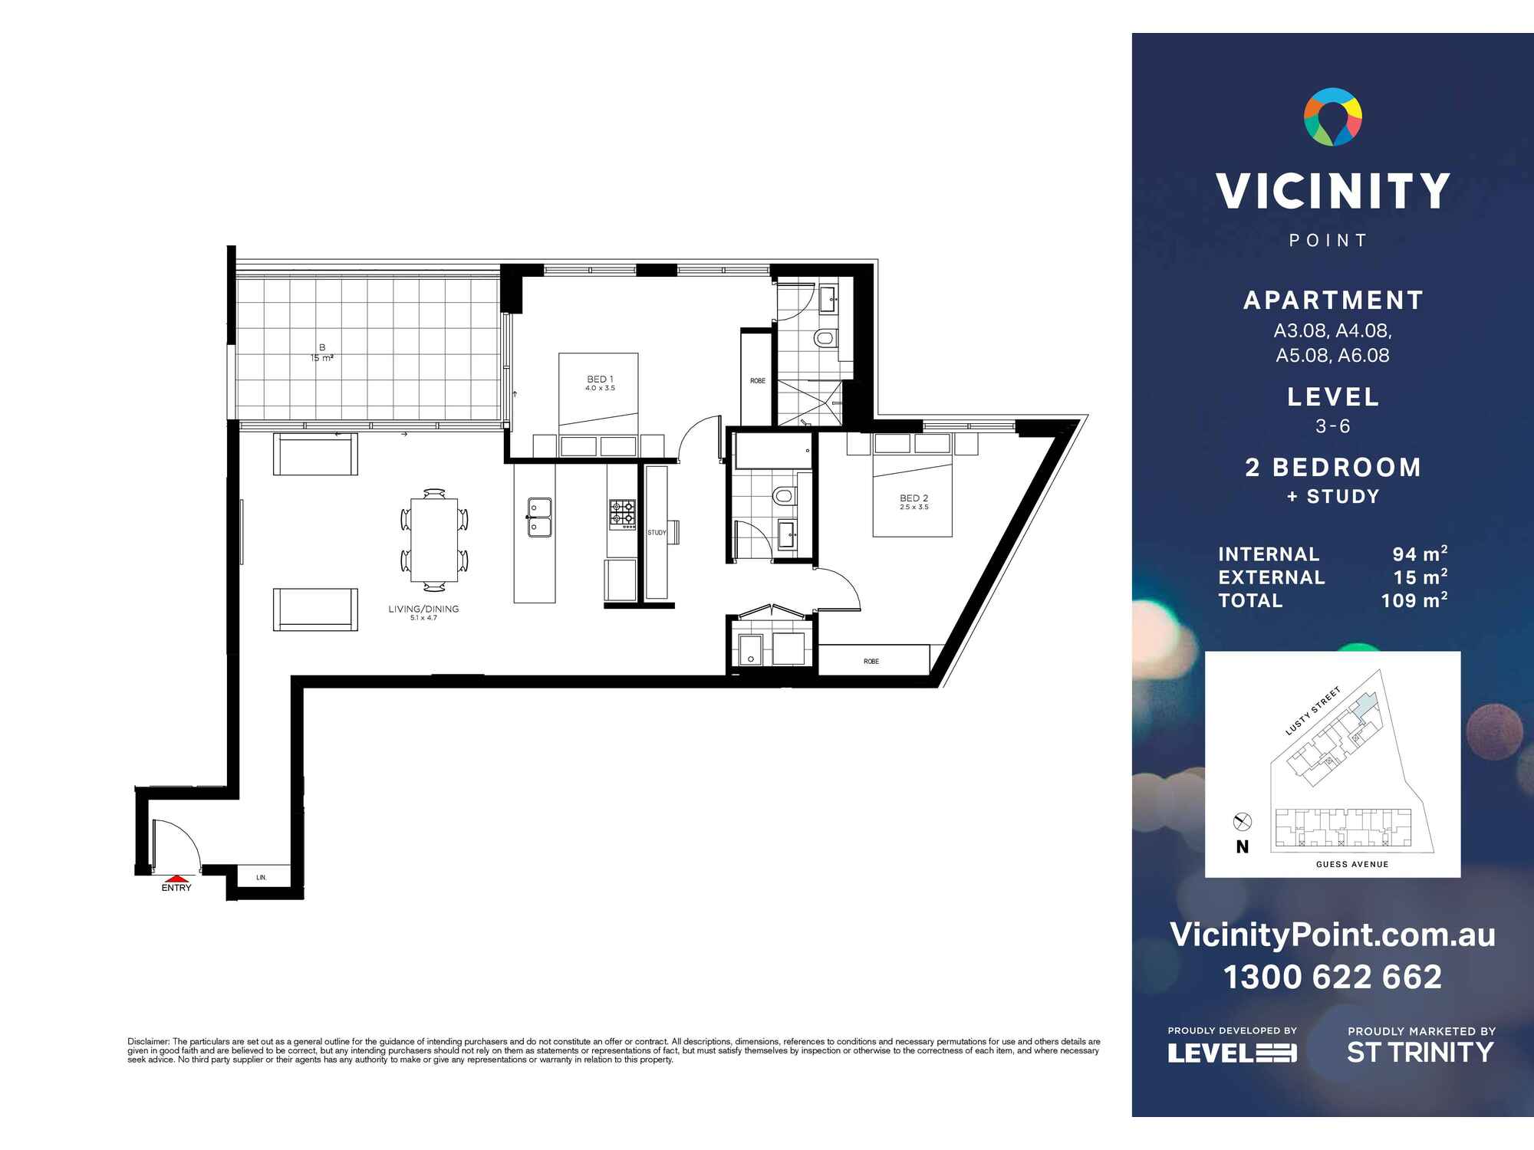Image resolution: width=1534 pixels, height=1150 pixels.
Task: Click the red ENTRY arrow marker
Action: click(176, 879)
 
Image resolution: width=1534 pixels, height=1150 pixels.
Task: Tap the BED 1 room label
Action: click(599, 379)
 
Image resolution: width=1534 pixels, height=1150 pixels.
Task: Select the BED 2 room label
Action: click(913, 498)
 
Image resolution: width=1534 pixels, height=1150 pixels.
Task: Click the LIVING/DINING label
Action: click(423, 609)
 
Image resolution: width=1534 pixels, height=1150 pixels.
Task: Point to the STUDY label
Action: click(657, 532)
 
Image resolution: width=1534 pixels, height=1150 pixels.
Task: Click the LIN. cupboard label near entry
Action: click(262, 877)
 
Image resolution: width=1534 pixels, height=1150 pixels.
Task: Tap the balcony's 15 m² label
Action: click(322, 358)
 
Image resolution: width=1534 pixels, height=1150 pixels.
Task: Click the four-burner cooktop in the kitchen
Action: click(622, 514)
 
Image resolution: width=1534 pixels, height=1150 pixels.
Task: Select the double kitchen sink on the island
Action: click(539, 517)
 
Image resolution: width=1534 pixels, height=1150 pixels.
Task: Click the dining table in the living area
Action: click(434, 540)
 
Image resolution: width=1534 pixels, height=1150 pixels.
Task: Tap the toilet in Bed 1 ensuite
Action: click(825, 337)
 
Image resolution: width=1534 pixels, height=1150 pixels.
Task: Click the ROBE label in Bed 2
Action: click(871, 661)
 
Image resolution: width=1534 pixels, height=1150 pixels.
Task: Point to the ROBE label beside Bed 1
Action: click(757, 380)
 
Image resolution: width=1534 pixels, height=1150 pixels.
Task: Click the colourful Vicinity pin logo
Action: click(1333, 117)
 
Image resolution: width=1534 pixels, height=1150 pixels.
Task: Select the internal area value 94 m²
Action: click(1419, 554)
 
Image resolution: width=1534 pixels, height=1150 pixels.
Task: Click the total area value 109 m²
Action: click(1414, 600)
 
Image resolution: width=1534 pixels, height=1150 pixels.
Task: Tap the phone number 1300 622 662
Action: click(1332, 977)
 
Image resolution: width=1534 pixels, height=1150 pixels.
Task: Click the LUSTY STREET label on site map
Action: click(1312, 711)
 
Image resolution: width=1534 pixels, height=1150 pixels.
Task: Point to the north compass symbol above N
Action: click(1242, 822)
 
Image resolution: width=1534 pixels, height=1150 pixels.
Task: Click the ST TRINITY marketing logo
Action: click(1420, 1052)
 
